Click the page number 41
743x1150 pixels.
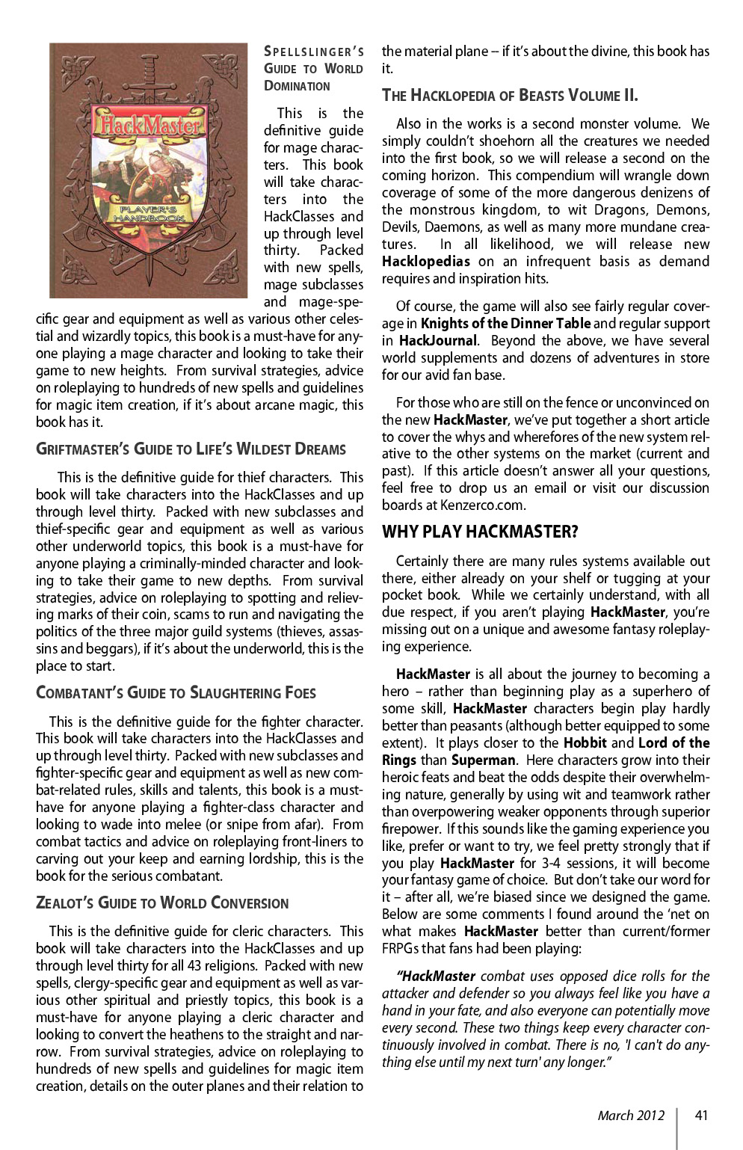coord(700,1116)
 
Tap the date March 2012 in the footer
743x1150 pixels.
coord(630,1116)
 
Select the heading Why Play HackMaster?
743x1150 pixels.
coord(480,532)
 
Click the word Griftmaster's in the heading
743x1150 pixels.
coord(81,449)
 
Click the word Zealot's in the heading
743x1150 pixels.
coord(65,903)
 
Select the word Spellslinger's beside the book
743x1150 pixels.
coord(314,52)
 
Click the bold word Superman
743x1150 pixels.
coord(483,760)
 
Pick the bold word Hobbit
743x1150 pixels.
coord(585,743)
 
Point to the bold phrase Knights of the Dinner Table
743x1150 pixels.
coord(505,324)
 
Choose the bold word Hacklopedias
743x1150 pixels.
coord(425,262)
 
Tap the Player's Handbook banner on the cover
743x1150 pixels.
coord(149,215)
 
